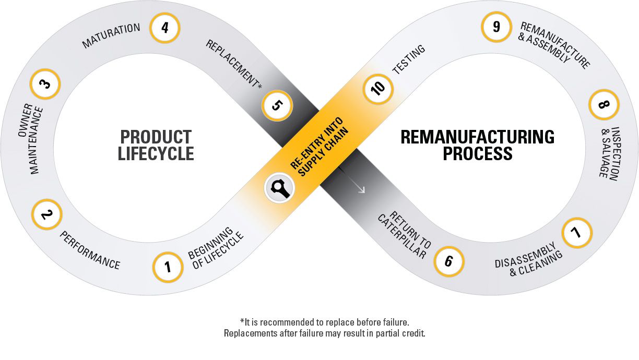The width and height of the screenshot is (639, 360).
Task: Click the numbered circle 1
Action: (168, 268)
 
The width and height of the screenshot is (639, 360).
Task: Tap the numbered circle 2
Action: (47, 214)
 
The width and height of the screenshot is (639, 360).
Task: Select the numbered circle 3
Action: (45, 83)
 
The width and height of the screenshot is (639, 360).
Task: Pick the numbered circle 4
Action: (164, 27)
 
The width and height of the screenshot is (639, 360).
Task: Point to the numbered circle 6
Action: (448, 260)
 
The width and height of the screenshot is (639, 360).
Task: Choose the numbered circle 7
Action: (577, 233)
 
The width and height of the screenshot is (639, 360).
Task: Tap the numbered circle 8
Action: (604, 105)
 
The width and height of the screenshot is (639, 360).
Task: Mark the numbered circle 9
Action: (496, 27)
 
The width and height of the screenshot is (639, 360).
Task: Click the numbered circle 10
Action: (378, 87)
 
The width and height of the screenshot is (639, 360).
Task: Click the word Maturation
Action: (111, 35)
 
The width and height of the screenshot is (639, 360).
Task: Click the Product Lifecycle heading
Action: (156, 145)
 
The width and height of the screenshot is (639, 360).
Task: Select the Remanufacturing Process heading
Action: (477, 145)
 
